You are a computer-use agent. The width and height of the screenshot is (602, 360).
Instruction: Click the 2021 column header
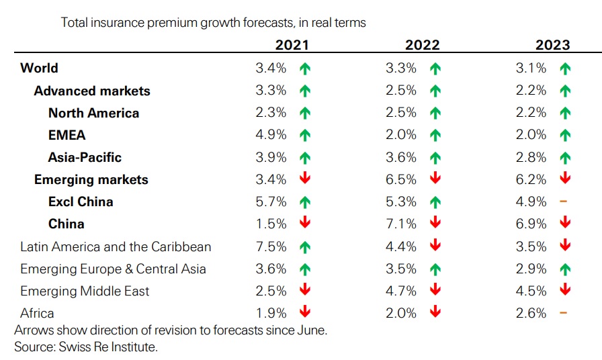[292, 45]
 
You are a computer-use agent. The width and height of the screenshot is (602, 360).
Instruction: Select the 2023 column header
[552, 45]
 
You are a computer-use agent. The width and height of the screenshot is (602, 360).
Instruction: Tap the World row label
[39, 68]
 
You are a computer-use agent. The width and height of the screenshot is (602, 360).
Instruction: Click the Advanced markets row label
[92, 91]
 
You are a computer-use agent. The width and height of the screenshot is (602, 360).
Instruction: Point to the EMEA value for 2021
[271, 135]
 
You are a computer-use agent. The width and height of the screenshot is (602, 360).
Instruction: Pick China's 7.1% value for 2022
[402, 224]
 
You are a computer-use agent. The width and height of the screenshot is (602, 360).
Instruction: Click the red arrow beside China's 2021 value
[305, 224]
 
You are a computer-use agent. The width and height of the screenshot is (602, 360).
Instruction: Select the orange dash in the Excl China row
[564, 201]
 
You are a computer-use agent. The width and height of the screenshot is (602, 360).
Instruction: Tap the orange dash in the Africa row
[564, 313]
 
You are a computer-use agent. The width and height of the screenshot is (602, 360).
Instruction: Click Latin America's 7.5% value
[271, 246]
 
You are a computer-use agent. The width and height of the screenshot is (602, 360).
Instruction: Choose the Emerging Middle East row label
[85, 291]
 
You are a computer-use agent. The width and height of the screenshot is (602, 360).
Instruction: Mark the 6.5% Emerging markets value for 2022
[402, 179]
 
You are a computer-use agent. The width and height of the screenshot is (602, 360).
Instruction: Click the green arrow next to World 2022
[435, 68]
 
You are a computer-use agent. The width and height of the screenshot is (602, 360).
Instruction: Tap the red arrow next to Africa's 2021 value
[305, 313]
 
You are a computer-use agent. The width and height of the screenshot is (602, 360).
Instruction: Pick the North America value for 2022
[402, 113]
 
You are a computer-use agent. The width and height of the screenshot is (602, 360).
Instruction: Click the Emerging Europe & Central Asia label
[113, 269]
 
